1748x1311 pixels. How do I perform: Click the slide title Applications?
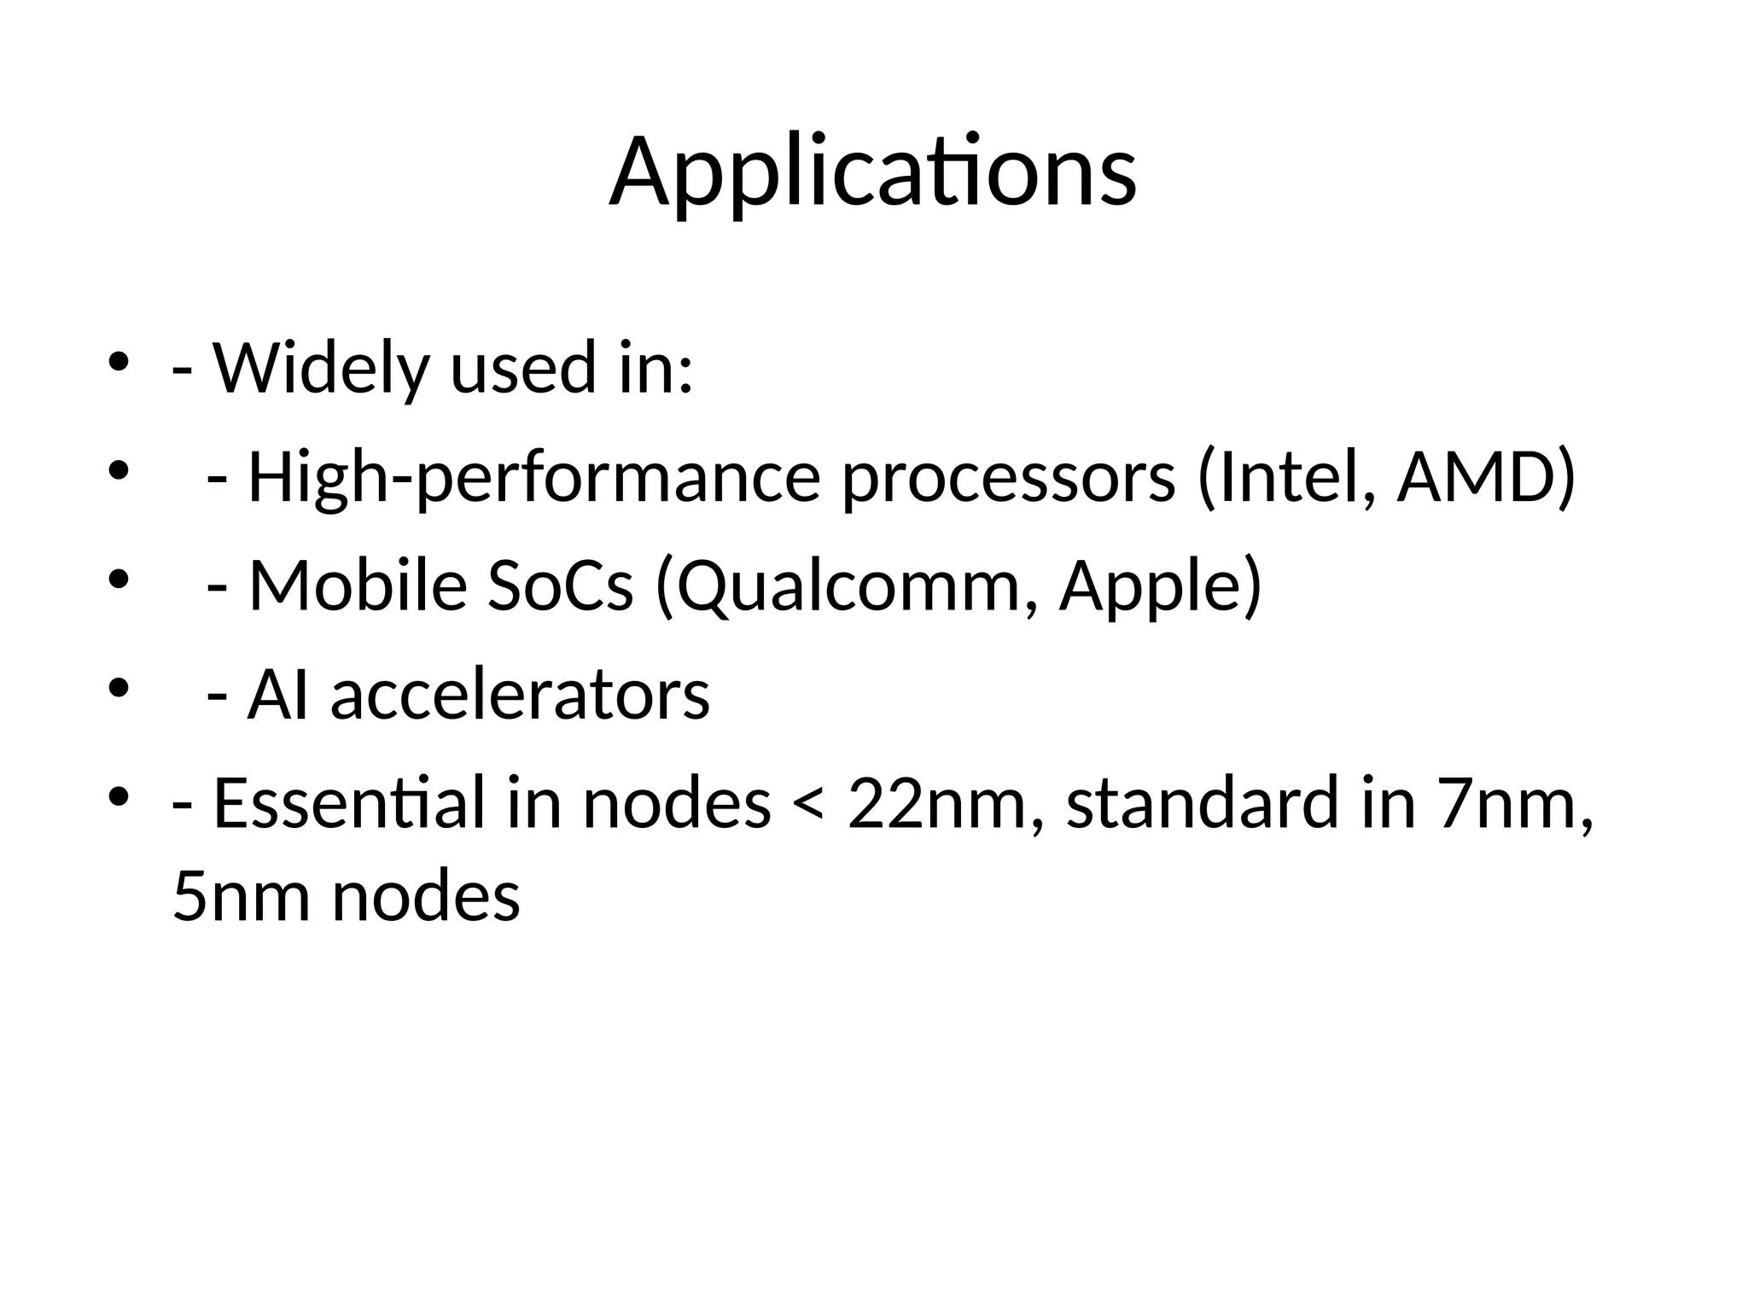[872, 172]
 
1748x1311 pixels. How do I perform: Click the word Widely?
[320, 369]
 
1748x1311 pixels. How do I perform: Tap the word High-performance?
[534, 478]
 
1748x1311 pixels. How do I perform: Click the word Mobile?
[358, 586]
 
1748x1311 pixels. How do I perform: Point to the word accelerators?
[520, 695]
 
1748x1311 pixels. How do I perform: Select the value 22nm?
[935, 804]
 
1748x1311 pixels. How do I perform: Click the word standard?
[1203, 804]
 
